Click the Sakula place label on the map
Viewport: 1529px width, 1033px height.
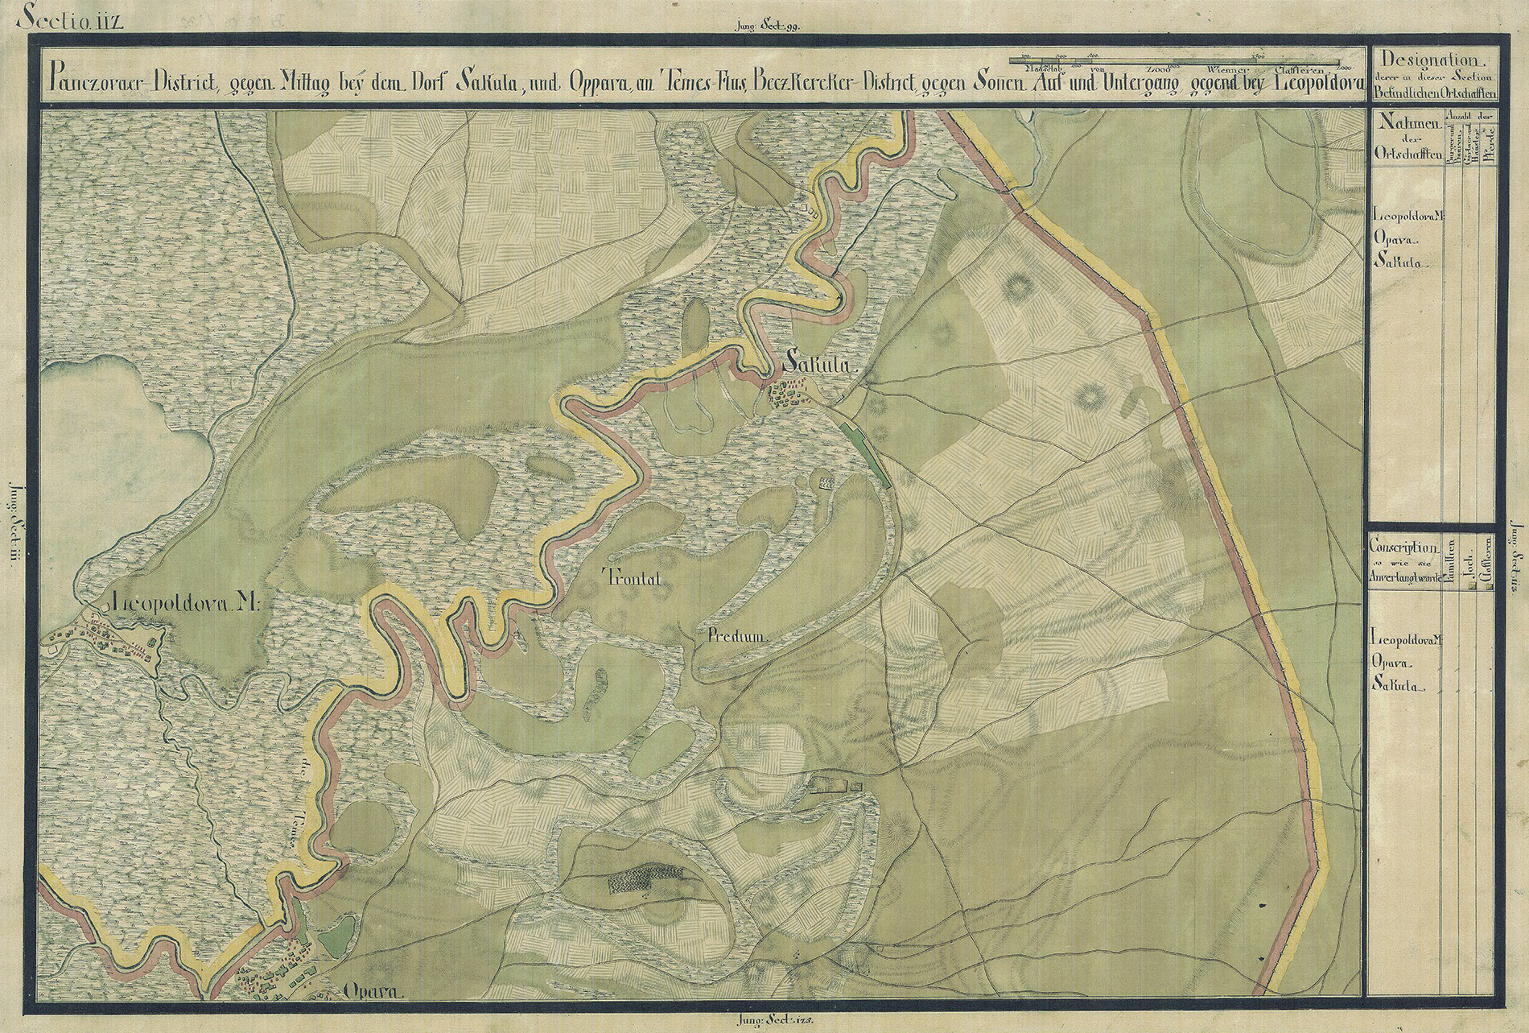[x=817, y=366]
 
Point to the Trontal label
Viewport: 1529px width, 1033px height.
[x=630, y=575]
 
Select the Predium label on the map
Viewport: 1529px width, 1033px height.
[x=739, y=636]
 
